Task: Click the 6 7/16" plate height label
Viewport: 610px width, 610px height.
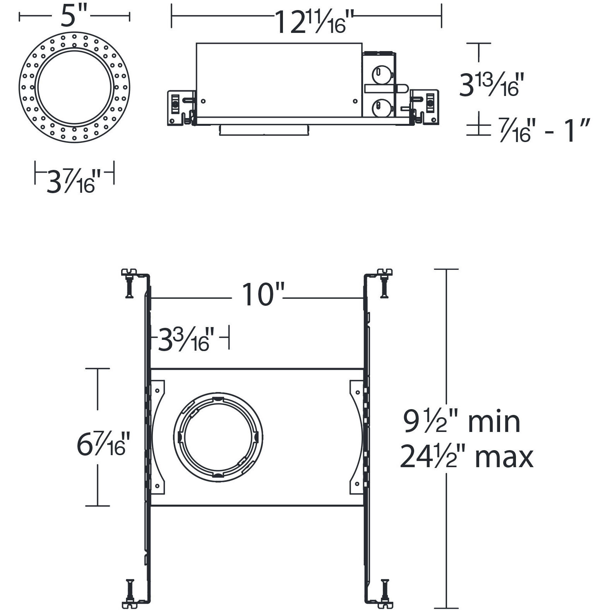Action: pos(101,444)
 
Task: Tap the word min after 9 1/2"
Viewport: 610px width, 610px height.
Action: pos(494,422)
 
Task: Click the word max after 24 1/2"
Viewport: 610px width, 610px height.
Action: pos(504,457)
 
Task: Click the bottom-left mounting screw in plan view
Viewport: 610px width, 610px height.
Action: pos(130,594)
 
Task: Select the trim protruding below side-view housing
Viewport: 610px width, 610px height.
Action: pos(264,130)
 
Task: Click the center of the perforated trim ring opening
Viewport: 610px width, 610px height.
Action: pos(74,87)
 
